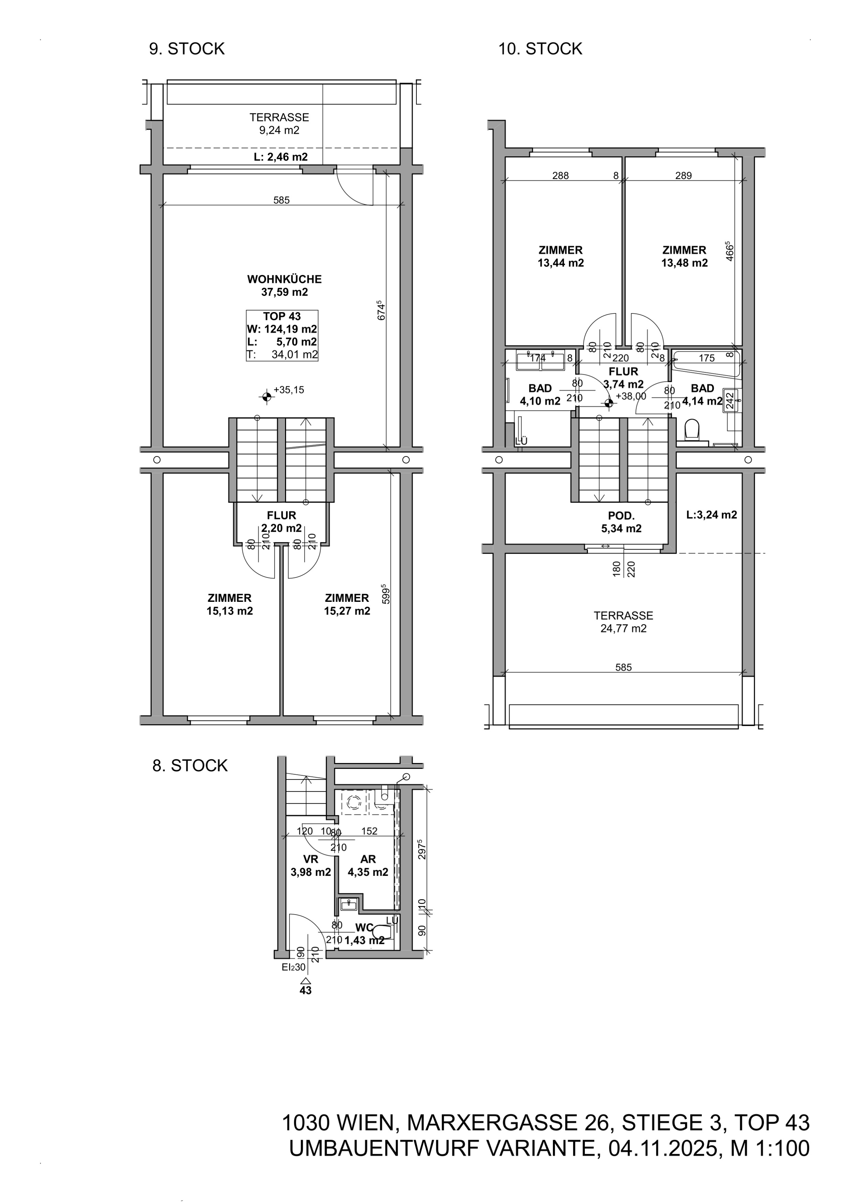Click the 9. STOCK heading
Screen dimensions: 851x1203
pyautogui.click(x=187, y=49)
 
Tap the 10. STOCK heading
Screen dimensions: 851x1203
pyautogui.click(x=540, y=49)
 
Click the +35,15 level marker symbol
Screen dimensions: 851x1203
pyautogui.click(x=267, y=397)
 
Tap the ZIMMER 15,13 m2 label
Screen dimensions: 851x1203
pyautogui.click(x=230, y=604)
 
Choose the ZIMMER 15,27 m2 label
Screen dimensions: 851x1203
pyautogui.click(x=347, y=604)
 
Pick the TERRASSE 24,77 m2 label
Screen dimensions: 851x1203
pyautogui.click(x=624, y=622)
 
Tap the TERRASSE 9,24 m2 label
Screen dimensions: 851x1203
pyautogui.click(x=279, y=124)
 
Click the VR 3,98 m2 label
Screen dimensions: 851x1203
pyautogui.click(x=311, y=865)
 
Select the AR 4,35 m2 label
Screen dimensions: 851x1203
pyautogui.click(x=368, y=865)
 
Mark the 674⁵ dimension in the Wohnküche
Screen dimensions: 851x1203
pyautogui.click(x=381, y=310)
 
